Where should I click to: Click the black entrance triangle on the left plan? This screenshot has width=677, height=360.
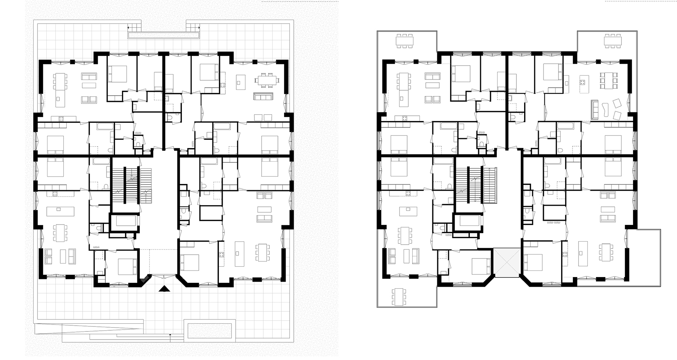(x=164, y=289)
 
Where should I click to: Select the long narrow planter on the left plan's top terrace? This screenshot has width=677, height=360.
(x=164, y=35)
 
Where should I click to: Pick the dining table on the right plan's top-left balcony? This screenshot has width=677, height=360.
(x=404, y=41)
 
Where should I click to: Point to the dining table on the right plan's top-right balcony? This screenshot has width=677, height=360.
(x=613, y=40)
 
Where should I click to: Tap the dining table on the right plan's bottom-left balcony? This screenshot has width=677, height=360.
(x=399, y=297)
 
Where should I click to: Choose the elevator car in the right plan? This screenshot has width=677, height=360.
(x=468, y=221)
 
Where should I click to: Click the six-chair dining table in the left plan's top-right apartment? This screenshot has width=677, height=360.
(x=266, y=80)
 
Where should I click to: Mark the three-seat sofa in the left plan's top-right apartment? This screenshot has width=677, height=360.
(x=263, y=96)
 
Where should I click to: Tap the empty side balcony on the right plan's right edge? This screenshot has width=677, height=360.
(x=644, y=257)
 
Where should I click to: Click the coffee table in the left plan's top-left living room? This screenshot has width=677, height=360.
(x=89, y=85)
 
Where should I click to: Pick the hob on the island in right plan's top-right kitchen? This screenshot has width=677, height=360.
(x=582, y=82)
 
